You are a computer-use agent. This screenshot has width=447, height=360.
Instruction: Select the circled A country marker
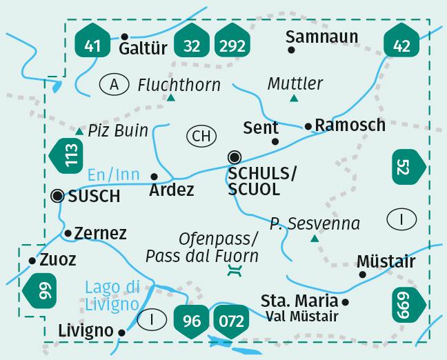(115, 85)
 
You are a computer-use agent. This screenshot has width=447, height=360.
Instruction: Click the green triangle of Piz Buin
(79, 131)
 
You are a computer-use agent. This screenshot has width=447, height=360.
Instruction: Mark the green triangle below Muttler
(294, 99)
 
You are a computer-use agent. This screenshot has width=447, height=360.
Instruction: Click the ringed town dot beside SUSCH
(57, 196)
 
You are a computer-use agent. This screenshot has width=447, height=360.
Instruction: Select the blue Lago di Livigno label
(113, 294)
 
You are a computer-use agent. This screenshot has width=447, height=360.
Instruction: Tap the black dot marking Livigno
(122, 332)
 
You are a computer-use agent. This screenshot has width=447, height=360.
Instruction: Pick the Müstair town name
(386, 262)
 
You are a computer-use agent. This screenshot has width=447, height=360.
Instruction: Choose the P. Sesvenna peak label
(315, 223)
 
